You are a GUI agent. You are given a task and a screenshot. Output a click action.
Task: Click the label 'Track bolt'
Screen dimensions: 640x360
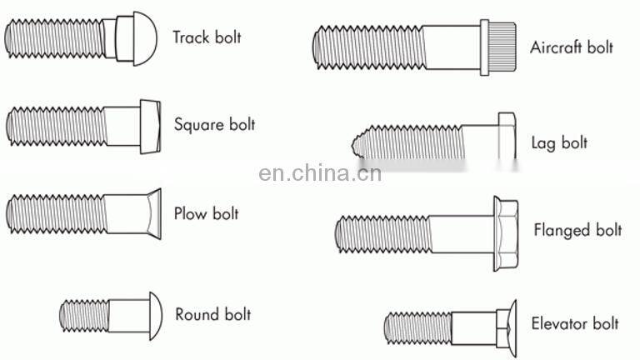207,37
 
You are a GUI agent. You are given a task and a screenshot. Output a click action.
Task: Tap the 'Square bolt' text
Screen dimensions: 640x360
214,125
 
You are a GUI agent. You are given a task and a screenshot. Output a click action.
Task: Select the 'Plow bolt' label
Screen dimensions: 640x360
206,213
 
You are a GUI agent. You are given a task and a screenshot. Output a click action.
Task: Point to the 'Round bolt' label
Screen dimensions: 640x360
212,314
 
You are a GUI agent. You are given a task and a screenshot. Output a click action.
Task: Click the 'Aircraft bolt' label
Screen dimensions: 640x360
572,47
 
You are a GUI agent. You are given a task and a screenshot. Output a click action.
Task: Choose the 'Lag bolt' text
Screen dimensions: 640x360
559,142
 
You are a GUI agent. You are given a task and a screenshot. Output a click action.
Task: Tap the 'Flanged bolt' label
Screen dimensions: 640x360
577,230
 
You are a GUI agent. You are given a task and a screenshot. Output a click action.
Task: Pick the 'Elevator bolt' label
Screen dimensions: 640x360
575,323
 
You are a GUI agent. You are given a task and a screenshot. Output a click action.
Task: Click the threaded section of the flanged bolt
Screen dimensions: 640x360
383,232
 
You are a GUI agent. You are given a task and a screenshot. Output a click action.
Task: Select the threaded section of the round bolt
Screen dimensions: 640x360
84,314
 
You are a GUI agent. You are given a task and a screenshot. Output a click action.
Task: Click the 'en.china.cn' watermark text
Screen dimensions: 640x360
320,173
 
